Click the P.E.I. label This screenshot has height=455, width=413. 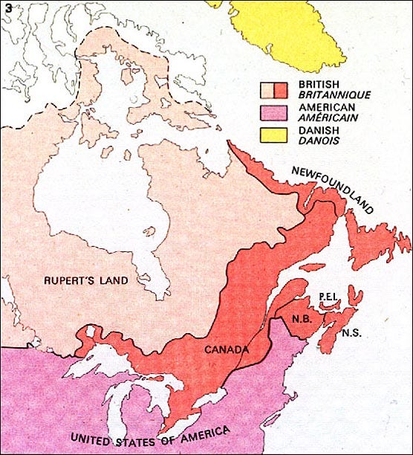[x=329, y=296]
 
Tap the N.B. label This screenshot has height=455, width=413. [x=302, y=322]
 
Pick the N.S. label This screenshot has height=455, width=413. [x=352, y=334]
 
